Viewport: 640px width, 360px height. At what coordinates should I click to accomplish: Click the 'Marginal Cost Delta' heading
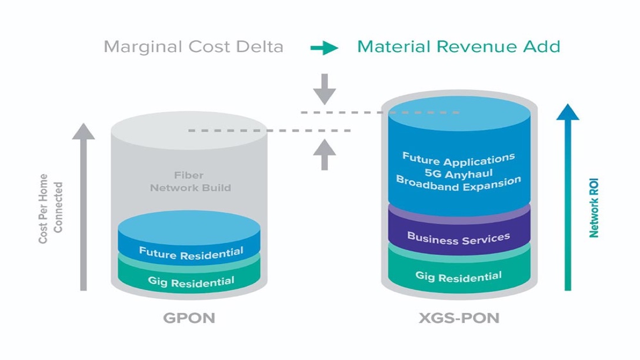tap(194, 46)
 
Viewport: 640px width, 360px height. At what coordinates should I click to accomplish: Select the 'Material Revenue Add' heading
tap(458, 46)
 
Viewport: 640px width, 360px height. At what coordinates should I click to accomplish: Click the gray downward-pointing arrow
tap(324, 88)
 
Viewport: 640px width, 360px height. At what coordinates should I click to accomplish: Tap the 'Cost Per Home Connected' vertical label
tap(51, 208)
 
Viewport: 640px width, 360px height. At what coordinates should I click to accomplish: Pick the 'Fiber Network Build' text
tap(191, 182)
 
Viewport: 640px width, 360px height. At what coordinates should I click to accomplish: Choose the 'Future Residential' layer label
tap(191, 254)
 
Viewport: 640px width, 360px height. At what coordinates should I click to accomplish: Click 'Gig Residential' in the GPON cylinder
tap(191, 281)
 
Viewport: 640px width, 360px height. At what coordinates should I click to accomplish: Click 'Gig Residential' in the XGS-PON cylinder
tap(458, 275)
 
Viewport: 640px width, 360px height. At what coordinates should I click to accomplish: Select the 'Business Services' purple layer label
tap(458, 238)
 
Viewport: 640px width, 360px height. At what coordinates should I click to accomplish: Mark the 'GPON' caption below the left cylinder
tap(189, 318)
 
